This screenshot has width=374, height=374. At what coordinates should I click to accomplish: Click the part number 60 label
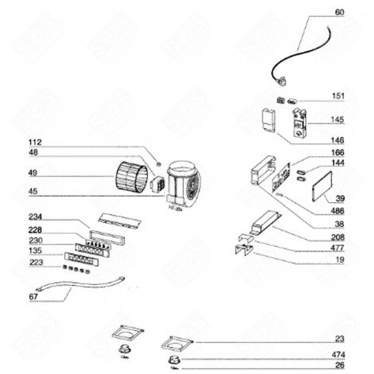tap(340, 13)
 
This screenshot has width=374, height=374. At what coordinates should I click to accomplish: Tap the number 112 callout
tap(33, 142)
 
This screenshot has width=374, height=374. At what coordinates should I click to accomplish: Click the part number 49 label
tap(33, 173)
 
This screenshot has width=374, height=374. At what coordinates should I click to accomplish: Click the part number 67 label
tap(33, 297)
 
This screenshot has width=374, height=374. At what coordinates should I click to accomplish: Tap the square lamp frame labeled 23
tap(176, 345)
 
